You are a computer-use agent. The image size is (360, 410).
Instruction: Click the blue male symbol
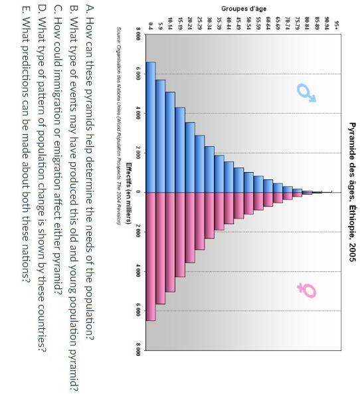306,94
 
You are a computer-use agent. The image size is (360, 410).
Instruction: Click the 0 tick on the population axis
136,192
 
